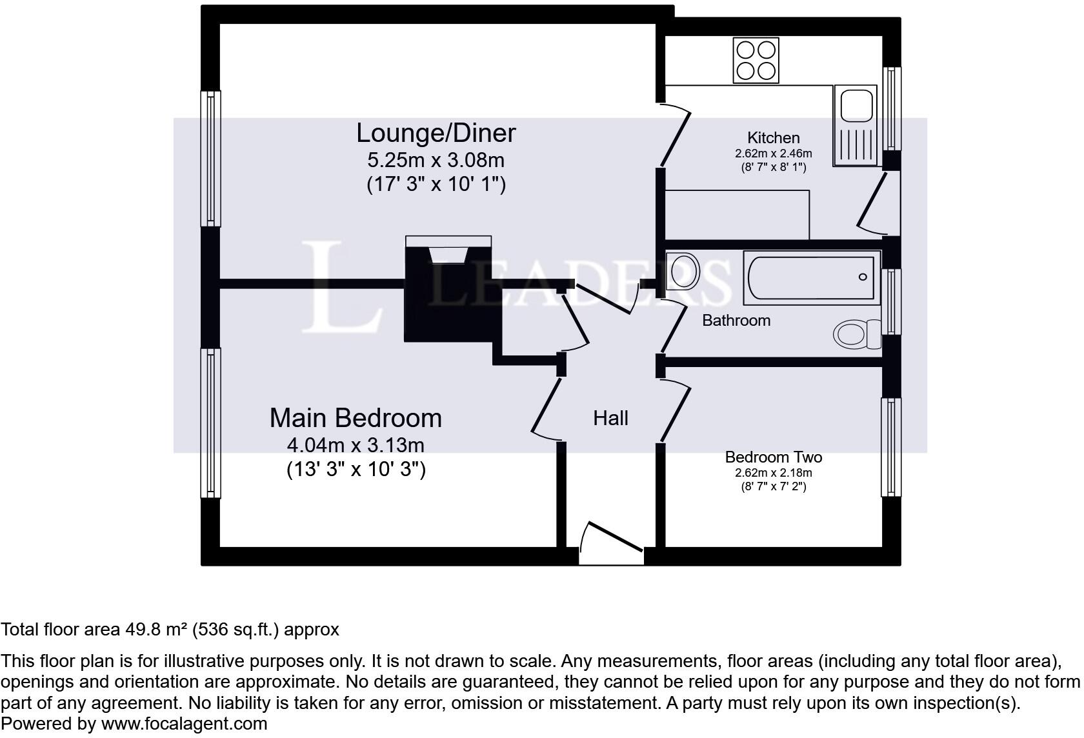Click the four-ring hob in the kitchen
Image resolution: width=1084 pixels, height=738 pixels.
pyautogui.click(x=756, y=60)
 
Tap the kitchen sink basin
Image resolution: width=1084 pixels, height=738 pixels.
pyautogui.click(x=856, y=106)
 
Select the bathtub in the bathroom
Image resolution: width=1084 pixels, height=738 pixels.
pyautogui.click(x=812, y=277)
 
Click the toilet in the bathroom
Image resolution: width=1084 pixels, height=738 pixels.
pyautogui.click(x=857, y=334)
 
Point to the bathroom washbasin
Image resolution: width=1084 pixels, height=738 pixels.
pyautogui.click(x=683, y=271)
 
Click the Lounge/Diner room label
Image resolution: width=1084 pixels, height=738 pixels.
pyautogui.click(x=436, y=133)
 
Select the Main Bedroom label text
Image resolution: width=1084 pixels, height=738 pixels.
pyautogui.click(x=356, y=418)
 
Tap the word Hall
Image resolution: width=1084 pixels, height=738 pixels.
pyautogui.click(x=610, y=418)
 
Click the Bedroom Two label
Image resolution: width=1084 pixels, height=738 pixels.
pyautogui.click(x=773, y=457)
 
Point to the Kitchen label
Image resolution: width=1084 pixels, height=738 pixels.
pyautogui.click(x=773, y=138)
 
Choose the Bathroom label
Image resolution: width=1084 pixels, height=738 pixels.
pyautogui.click(x=736, y=321)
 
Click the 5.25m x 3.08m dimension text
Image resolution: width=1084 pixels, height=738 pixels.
pyautogui.click(x=436, y=160)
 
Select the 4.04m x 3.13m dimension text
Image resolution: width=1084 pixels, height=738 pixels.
pyautogui.click(x=356, y=444)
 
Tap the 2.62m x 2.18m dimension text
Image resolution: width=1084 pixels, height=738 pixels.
pyautogui.click(x=773, y=473)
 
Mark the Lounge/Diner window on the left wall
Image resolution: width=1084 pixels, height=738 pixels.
pyautogui.click(x=210, y=159)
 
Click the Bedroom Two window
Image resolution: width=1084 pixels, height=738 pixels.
pyautogui.click(x=891, y=447)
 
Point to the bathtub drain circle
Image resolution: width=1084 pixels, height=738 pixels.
pyautogui.click(x=862, y=277)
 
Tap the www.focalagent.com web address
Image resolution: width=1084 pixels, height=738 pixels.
pyautogui.click(x=184, y=724)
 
